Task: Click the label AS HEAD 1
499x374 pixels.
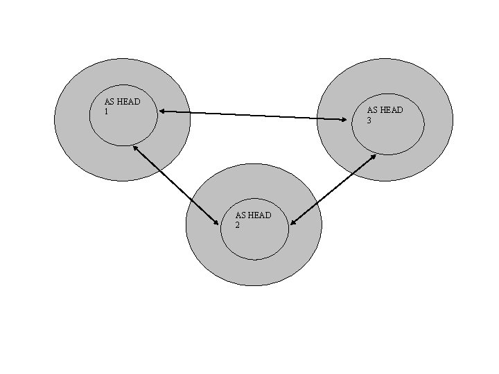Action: [x=122, y=106]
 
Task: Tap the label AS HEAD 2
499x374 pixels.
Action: [x=253, y=220]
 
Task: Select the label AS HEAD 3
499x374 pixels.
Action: [x=385, y=114]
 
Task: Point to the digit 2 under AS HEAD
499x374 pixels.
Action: [x=238, y=224]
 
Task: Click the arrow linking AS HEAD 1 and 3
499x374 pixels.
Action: [x=252, y=115]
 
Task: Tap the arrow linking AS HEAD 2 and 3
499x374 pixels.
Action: [x=333, y=189]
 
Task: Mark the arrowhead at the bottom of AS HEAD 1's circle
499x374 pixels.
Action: [x=134, y=147]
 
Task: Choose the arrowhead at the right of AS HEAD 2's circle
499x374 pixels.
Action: [x=293, y=222]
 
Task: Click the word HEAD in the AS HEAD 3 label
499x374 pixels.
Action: [x=391, y=109]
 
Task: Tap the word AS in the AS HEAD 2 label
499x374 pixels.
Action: [x=240, y=215]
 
